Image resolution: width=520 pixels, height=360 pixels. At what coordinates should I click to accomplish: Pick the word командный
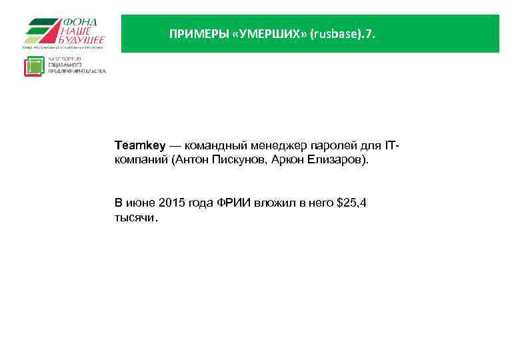(215, 145)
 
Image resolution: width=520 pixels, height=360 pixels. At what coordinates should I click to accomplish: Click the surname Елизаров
(337, 161)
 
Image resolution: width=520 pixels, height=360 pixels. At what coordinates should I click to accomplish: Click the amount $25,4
(352, 203)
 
